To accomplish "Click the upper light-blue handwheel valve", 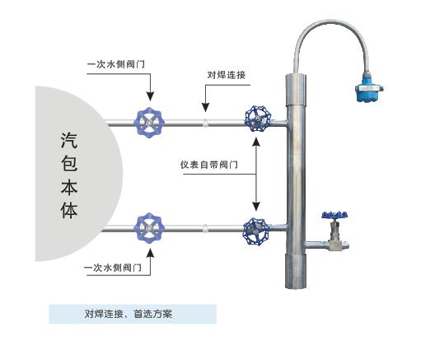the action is pos(149,123).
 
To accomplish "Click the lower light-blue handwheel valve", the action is pos(149,227).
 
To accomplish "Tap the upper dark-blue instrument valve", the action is pos(258,119).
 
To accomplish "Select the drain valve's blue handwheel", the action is pos(334,215).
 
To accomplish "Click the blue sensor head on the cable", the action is pos(369,87).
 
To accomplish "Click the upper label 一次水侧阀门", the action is pos(116,64).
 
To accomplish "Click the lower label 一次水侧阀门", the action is pos(113,267).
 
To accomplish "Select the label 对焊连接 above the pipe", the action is pos(227,75).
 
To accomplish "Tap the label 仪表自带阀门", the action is pos(209,165).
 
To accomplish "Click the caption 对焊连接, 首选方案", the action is pos(128,314).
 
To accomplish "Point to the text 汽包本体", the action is pos(69,175).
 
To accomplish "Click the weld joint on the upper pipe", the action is pos(205,123).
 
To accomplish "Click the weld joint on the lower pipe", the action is pos(205,228).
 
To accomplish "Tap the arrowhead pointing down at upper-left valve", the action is pos(150,96).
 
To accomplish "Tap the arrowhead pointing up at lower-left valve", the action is pos(150,253).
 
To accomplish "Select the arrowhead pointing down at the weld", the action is pos(205,107).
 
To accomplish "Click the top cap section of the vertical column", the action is pos(296,90).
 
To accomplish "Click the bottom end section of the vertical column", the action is pos(296,271).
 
